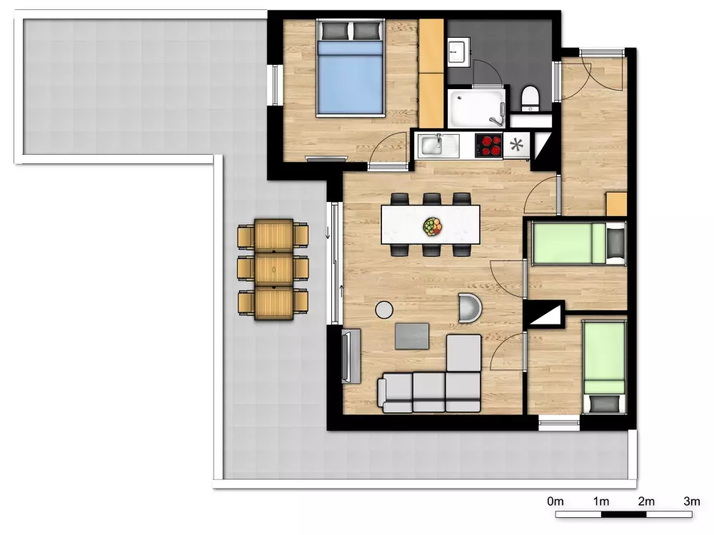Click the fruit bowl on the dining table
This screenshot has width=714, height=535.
(432, 227)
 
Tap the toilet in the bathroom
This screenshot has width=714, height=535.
(530, 98)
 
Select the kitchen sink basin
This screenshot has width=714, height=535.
(432, 146)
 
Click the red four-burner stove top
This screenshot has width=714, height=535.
(488, 146)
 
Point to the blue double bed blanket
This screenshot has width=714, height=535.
(350, 77)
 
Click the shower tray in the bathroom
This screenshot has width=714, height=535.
(477, 108)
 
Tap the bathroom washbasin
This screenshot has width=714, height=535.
(458, 53)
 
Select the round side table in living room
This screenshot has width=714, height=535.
(384, 310)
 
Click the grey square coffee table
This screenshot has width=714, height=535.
(412, 336)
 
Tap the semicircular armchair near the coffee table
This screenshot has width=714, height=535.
(470, 307)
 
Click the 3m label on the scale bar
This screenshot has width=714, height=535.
(692, 501)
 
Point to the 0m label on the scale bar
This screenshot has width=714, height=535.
(555, 501)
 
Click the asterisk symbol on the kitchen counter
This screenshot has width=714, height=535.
(516, 145)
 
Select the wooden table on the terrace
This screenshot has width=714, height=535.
(273, 270)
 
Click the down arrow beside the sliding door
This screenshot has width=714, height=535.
(328, 233)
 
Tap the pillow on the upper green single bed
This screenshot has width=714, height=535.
(615, 243)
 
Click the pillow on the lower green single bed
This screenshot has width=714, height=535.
(604, 402)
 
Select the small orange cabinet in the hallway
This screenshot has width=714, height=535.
(616, 204)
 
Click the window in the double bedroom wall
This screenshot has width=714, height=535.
(275, 85)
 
